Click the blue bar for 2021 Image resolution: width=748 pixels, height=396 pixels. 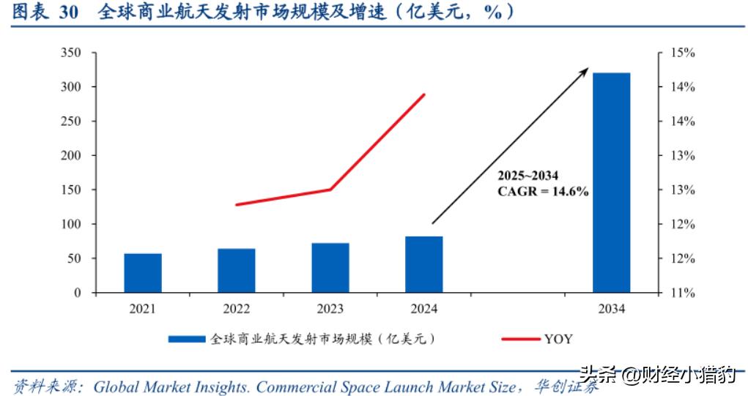143,273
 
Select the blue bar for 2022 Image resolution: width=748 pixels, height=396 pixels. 237,271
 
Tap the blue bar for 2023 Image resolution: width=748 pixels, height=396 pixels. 330,268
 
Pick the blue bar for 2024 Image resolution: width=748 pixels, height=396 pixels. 424,264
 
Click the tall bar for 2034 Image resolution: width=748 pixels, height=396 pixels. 611,183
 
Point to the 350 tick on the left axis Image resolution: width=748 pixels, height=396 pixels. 71,53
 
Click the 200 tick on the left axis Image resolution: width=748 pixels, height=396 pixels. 71,155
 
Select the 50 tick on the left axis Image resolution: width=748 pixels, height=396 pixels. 74,258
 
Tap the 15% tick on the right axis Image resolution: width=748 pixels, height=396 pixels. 681,53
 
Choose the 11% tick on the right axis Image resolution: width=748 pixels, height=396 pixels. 681,293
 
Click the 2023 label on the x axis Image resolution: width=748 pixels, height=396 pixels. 330,310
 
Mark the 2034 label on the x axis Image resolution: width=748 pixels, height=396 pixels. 611,310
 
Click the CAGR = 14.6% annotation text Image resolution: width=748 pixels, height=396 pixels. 544,191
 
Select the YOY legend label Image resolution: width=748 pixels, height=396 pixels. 558,339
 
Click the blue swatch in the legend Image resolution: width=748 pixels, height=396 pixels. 187,339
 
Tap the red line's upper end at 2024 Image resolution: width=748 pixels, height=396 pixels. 424,94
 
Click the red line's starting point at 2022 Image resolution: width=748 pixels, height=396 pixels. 237,204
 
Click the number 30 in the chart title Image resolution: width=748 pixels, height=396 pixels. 68,12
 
